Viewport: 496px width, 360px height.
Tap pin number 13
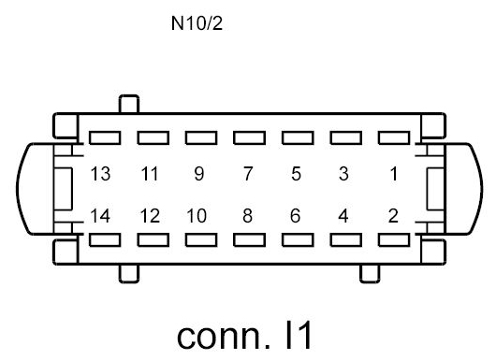coord(101,174)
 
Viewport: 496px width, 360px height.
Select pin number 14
coord(101,216)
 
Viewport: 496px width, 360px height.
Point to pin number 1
coord(393,174)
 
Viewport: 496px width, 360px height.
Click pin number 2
coord(393,216)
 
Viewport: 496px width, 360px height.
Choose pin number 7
coord(247,174)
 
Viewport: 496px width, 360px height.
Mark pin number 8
coord(247,216)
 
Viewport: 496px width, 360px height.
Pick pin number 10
coord(197,216)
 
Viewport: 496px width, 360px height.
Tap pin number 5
coord(296,174)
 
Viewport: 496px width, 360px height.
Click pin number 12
coord(150,216)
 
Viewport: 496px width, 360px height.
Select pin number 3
coord(343,174)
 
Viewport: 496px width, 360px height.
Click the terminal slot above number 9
coord(198,137)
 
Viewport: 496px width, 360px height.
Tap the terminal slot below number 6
coord(296,240)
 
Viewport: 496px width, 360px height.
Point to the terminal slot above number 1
coord(392,137)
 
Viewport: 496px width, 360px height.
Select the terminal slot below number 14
coord(102,240)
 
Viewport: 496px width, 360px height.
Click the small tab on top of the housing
coord(128,103)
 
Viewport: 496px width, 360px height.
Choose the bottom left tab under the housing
coord(128,273)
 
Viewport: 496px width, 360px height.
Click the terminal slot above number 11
coord(151,137)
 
